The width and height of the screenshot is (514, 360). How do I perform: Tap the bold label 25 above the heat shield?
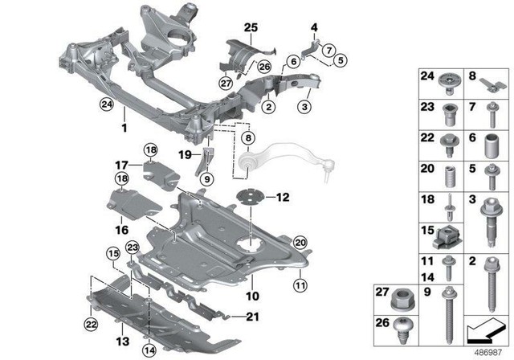251,29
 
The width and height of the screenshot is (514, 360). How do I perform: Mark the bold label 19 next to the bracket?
184,154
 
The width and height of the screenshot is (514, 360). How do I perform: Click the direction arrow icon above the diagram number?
487,331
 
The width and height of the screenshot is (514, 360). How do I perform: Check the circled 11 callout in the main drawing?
299,283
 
